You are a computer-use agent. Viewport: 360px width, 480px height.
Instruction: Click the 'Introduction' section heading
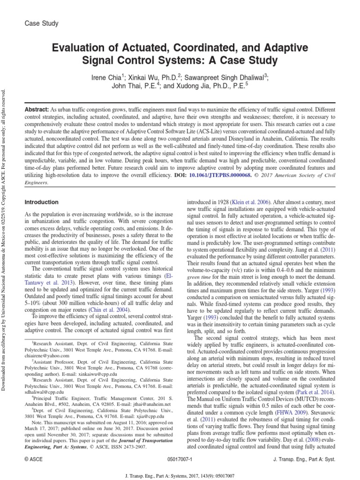pyautogui.click(x=41, y=202)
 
